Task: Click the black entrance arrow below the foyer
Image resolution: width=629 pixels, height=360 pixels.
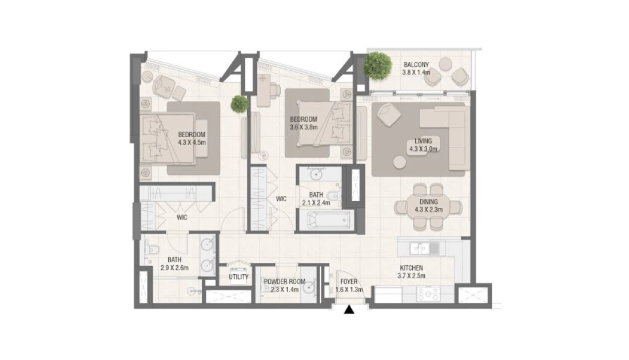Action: tap(349, 310)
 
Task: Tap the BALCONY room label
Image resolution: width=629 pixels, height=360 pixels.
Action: tap(416, 65)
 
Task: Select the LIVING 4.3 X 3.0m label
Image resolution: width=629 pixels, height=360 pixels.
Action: tap(423, 145)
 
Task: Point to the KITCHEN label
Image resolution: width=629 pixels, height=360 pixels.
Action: tap(411, 268)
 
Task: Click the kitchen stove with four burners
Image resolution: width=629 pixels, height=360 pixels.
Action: tap(428, 295)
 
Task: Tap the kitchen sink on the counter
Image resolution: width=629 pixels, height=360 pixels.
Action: tap(419, 249)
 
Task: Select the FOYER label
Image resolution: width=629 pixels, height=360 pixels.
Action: tap(349, 282)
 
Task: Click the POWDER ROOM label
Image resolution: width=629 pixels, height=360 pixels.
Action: tap(284, 282)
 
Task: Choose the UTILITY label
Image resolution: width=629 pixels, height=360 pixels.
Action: tap(238, 277)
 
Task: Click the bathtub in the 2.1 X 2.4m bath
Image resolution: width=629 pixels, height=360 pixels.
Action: tap(329, 221)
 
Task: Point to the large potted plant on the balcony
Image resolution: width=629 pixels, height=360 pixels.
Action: tap(377, 66)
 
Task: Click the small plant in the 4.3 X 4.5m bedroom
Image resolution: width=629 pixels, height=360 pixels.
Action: tap(239, 104)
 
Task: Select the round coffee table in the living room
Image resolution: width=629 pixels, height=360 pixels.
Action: tap(399, 162)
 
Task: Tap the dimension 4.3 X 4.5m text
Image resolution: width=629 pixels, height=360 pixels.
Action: tap(192, 142)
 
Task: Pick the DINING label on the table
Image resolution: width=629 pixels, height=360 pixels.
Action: tap(428, 202)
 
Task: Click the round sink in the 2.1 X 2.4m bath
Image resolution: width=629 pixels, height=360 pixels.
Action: tap(317, 174)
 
